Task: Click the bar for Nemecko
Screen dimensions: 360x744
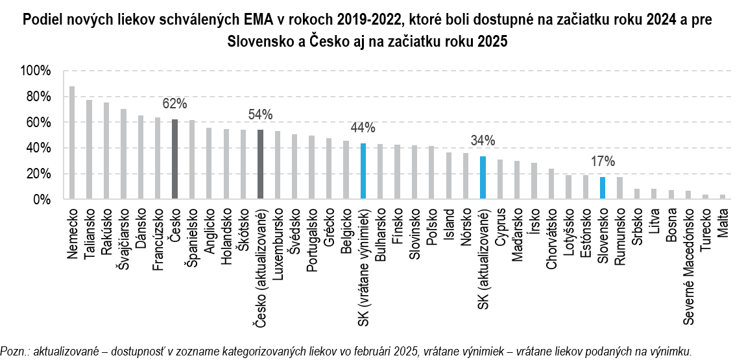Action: pyautogui.click(x=72, y=143)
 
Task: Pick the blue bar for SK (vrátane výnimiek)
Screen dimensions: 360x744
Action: pyautogui.click(x=363, y=171)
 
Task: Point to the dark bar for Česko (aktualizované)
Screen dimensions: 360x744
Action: pyautogui.click(x=260, y=165)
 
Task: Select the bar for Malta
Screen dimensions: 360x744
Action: pyautogui.click(x=722, y=197)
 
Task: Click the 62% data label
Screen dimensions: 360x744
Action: pyautogui.click(x=174, y=104)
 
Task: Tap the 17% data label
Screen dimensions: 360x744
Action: pyautogui.click(x=603, y=162)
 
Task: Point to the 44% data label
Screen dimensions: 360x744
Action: pyautogui.click(x=363, y=128)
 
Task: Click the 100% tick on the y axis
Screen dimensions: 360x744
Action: pyautogui.click(x=36, y=71)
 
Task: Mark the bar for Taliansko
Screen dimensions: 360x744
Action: pyautogui.click(x=90, y=150)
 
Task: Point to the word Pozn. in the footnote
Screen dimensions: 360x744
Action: pyautogui.click(x=14, y=351)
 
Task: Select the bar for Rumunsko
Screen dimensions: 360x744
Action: pyautogui.click(x=619, y=188)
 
